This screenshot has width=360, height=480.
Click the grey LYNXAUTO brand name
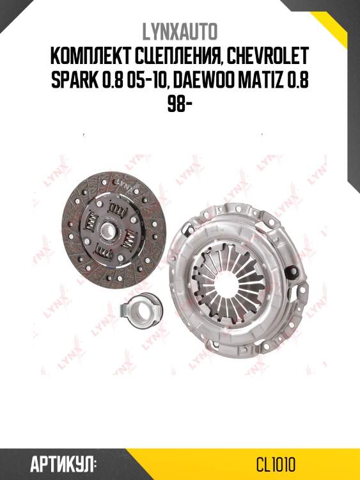click(x=180, y=32)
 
